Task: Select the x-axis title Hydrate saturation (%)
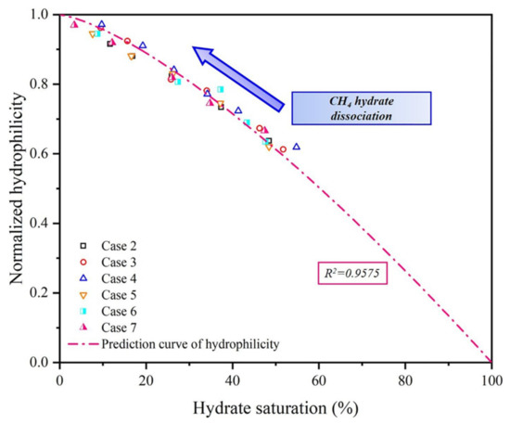[x=275, y=406]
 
